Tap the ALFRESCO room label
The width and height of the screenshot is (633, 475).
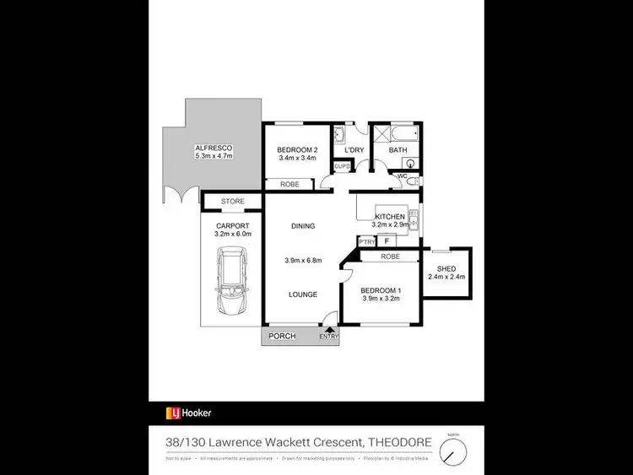click(213, 148)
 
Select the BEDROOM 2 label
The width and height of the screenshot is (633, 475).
click(296, 149)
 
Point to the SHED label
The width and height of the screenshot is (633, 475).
click(446, 268)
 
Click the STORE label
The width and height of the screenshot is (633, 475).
click(232, 202)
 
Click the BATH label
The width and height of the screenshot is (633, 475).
click(398, 150)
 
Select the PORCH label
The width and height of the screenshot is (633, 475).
click(282, 337)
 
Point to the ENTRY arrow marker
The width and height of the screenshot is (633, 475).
click(329, 331)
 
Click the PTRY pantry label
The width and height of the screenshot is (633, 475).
click(366, 242)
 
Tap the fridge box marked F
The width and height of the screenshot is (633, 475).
click(387, 241)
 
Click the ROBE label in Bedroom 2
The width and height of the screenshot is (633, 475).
click(289, 183)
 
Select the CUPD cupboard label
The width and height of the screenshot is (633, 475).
click(341, 167)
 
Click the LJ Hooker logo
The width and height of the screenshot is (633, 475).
click(188, 413)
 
